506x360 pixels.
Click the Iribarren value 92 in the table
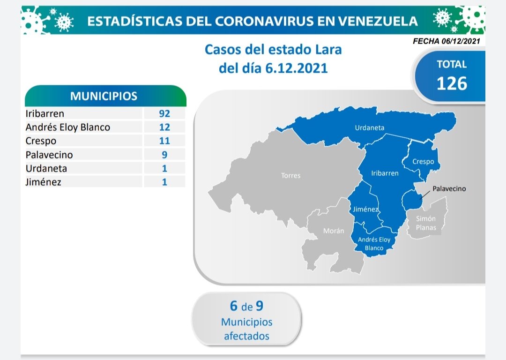pyautogui.click(x=164, y=113)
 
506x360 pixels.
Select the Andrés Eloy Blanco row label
pyautogui.click(x=68, y=127)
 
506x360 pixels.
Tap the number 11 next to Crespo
pyautogui.click(x=164, y=141)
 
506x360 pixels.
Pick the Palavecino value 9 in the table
pyautogui.click(x=164, y=155)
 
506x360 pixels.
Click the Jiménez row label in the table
pyautogui.click(x=43, y=182)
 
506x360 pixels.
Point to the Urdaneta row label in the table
pyautogui.click(x=46, y=169)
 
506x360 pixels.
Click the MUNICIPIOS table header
pyautogui.click(x=104, y=96)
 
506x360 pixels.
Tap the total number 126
pyautogui.click(x=452, y=83)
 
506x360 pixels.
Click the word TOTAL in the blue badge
pyautogui.click(x=452, y=64)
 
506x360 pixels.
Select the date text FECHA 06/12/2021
pyautogui.click(x=446, y=41)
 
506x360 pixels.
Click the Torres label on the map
pyautogui.click(x=291, y=176)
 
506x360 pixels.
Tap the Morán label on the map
pyautogui.click(x=334, y=231)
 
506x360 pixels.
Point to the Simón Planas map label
pyautogui.click(x=426, y=223)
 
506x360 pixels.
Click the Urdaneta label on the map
pyautogui.click(x=370, y=128)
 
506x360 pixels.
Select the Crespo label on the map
pyautogui.click(x=423, y=161)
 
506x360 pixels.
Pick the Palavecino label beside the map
pyautogui.click(x=449, y=188)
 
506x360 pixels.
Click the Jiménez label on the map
pyautogui.click(x=365, y=209)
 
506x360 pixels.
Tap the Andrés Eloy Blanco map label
pyautogui.click(x=374, y=244)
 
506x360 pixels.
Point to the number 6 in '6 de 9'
pyautogui.click(x=234, y=306)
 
